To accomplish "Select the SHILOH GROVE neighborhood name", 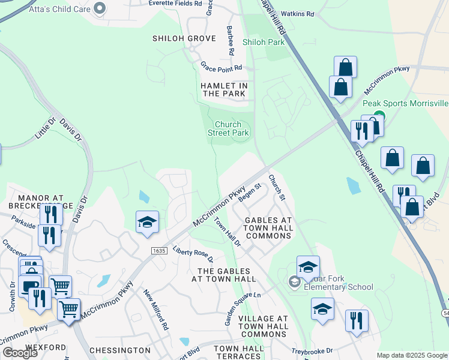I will pyautogui.click(x=184, y=38).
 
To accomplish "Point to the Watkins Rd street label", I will pyautogui.click(x=298, y=13).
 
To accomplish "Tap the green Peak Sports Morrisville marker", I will pyautogui.click(x=379, y=116).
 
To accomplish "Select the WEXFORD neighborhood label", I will pyautogui.click(x=46, y=347).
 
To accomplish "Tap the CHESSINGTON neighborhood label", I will pyautogui.click(x=119, y=350).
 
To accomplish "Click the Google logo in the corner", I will pyautogui.click(x=20, y=353).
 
